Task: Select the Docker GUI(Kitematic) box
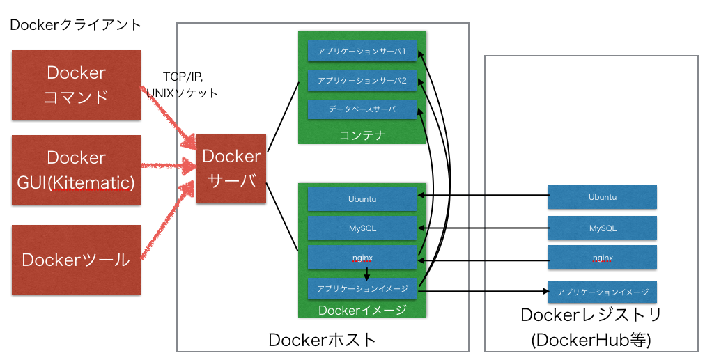click(x=76, y=170)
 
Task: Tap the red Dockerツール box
click(x=76, y=259)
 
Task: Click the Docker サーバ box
click(x=231, y=168)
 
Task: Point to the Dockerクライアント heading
click(x=75, y=25)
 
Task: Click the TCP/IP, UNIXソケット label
click(x=183, y=84)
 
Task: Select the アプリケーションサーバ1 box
click(x=362, y=52)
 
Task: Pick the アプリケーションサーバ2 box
click(x=362, y=81)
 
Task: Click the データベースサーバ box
click(x=362, y=109)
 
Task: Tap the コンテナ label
click(x=362, y=134)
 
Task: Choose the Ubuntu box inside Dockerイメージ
click(x=362, y=198)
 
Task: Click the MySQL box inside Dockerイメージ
click(x=362, y=228)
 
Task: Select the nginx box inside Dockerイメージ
click(x=362, y=257)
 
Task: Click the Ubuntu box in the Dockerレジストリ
click(x=602, y=197)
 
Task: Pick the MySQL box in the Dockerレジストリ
click(x=602, y=228)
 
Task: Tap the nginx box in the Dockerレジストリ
click(x=602, y=257)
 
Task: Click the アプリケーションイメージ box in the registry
click(x=602, y=292)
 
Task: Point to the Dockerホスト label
click(x=322, y=340)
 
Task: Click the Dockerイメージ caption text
click(x=362, y=310)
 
